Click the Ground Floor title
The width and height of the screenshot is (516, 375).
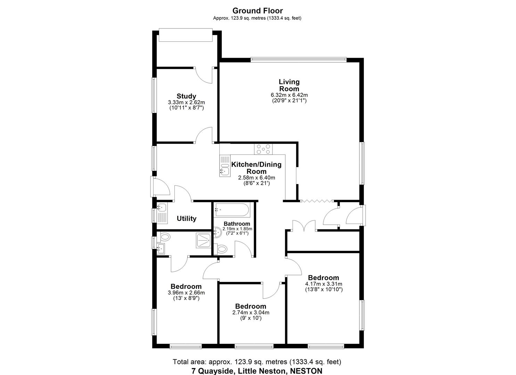[x=257, y=11]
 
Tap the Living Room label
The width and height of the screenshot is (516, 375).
[x=289, y=85]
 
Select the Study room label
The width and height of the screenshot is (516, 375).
[x=186, y=96]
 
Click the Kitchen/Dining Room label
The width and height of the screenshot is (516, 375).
[x=256, y=168]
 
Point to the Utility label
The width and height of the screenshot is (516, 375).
[x=187, y=218]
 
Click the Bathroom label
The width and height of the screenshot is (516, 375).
[x=237, y=224]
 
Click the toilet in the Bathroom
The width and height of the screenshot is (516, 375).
[x=221, y=249]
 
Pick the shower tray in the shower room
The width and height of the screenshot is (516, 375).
[x=203, y=240]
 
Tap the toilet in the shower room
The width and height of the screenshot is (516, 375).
[x=165, y=237]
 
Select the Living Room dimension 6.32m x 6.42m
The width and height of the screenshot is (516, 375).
[x=289, y=95]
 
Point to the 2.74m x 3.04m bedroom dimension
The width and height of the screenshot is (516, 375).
[x=251, y=312]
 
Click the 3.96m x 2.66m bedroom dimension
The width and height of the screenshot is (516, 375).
[x=186, y=293]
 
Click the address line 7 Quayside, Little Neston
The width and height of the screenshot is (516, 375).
[x=257, y=371]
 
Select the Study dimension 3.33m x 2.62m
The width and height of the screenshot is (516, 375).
[x=186, y=102]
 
